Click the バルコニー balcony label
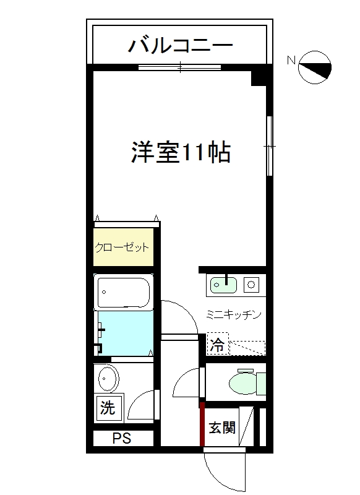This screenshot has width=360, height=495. (180, 45)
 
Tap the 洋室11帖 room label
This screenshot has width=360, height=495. (181, 152)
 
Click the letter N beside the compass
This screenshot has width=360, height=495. (291, 61)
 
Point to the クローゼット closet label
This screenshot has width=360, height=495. (122, 247)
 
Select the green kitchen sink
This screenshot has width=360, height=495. (224, 285)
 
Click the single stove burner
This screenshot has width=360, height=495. (252, 285)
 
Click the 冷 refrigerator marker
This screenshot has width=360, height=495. (217, 345)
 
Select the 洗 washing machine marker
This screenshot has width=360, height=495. (108, 408)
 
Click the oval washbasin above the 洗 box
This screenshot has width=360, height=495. (109, 378)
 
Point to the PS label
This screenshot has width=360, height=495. (122, 439)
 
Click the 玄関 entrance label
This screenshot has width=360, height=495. (221, 427)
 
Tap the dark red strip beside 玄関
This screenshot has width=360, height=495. (202, 424)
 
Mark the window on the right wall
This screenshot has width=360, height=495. (269, 146)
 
